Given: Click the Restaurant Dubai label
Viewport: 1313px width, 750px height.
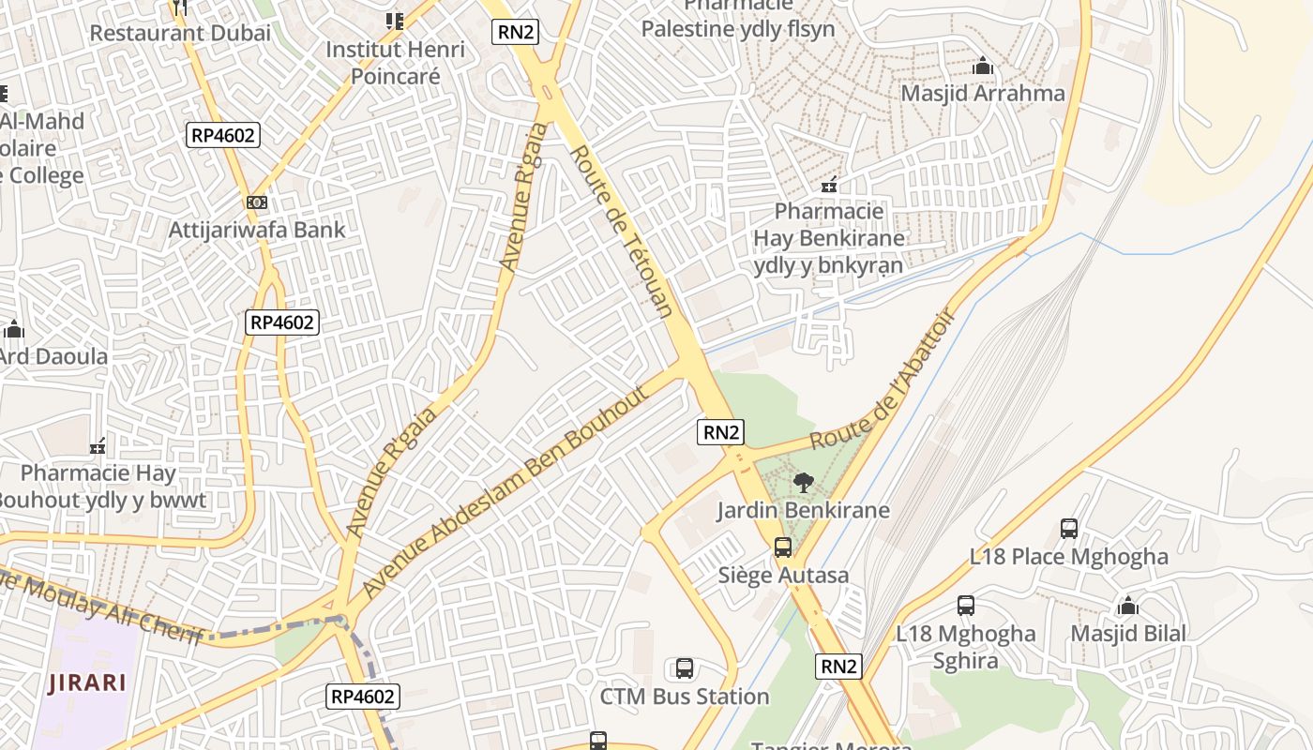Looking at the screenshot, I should tap(180, 33).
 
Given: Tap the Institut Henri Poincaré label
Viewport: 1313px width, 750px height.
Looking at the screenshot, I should tap(395, 62).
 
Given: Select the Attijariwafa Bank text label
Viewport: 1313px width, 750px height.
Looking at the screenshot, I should tap(257, 230).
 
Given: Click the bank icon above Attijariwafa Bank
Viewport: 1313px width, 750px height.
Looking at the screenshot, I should tap(257, 202).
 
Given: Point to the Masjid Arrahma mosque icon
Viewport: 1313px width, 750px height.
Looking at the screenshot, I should tap(983, 67).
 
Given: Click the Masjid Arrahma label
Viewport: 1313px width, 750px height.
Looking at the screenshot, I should tap(983, 94).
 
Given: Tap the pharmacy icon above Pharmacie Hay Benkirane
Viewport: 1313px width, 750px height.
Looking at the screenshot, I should tap(829, 185).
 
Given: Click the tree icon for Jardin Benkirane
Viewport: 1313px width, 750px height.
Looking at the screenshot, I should tap(803, 484).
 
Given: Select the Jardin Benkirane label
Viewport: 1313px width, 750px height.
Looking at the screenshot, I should tap(803, 511).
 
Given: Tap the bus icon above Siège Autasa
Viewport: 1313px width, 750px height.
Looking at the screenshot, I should tap(783, 547).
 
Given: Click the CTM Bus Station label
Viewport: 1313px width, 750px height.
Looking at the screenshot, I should tap(685, 697).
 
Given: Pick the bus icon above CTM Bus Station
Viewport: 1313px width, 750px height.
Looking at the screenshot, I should tap(685, 668).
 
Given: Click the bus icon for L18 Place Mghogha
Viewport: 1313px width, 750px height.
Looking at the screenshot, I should tap(1069, 529).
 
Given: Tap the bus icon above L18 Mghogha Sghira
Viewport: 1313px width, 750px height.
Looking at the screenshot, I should tap(966, 606).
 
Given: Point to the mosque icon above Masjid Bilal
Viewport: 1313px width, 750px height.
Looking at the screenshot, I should tap(1128, 606).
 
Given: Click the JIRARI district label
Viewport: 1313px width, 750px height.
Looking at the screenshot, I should tap(87, 682).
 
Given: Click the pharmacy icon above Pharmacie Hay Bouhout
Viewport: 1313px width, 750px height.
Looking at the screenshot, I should tap(98, 445).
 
